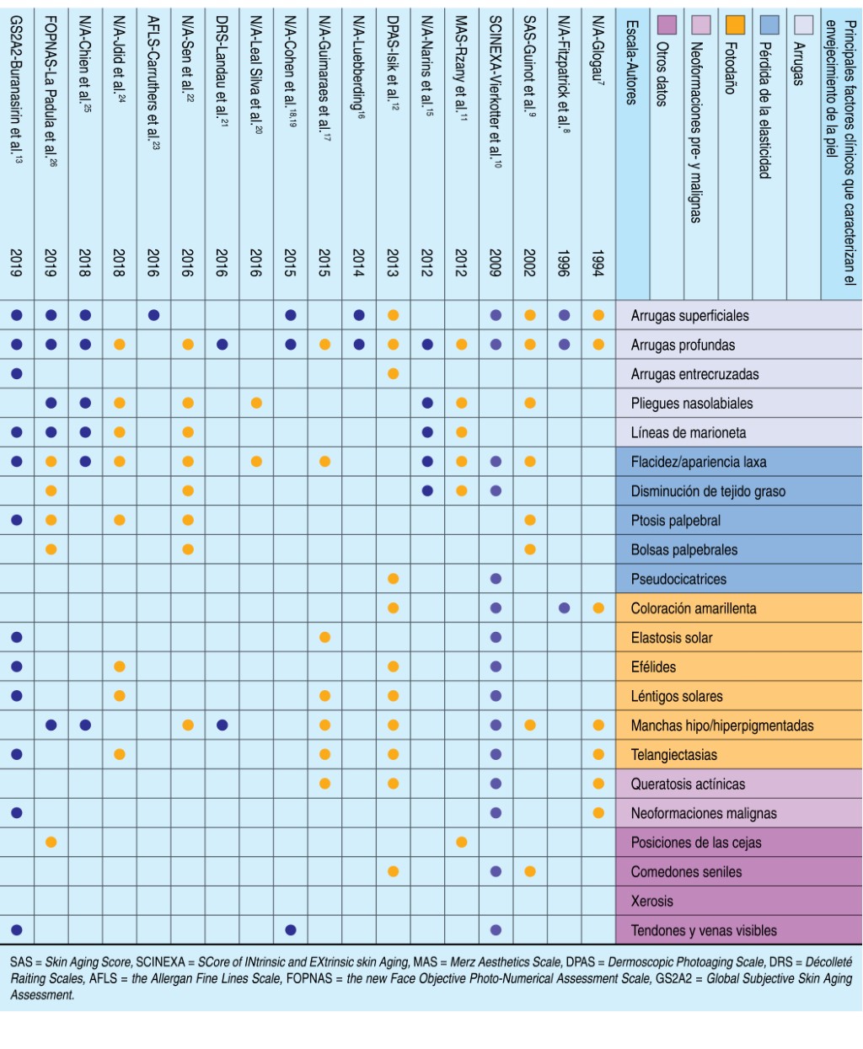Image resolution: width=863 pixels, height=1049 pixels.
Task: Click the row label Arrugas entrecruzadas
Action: pos(694,374)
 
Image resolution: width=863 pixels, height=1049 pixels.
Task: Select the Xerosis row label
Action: pos(652,901)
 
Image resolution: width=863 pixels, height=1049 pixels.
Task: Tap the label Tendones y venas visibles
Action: pos(704,930)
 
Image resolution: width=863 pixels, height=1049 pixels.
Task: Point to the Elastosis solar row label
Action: pos(672,638)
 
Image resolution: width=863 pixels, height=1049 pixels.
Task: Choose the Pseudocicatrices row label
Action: pos(678,579)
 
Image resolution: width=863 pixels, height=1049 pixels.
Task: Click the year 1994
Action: pos(598,263)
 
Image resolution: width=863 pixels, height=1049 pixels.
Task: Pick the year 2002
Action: pos(529,263)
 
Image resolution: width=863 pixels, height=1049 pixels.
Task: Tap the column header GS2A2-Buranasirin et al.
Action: pos(17,84)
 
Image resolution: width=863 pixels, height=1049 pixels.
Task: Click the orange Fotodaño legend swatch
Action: pos(735,24)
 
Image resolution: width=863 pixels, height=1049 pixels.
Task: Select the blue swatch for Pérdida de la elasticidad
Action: pos(769,24)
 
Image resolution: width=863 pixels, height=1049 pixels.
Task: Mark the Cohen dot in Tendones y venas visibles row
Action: pos(291,930)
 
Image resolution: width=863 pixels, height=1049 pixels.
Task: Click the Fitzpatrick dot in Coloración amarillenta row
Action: pos(564,608)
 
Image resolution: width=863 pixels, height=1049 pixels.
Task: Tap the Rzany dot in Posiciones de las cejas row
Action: pos(461,842)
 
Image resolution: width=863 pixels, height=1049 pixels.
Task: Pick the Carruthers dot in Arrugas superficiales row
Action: pos(153,315)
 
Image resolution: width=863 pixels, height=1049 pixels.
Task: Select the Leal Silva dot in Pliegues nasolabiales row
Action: pos(256,403)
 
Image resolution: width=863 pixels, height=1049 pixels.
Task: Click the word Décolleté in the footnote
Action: pos(828,962)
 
